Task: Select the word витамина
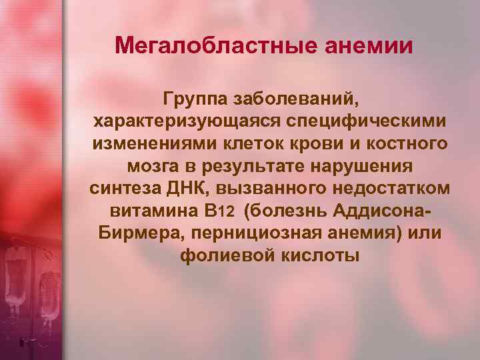tap(153, 211)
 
